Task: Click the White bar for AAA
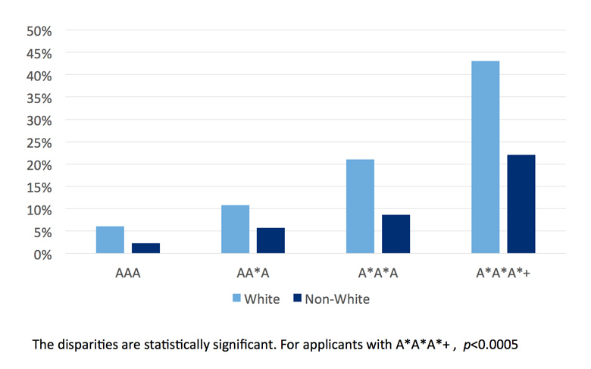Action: tap(110, 239)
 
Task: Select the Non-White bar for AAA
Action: tap(145, 248)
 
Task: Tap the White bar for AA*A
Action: tap(235, 229)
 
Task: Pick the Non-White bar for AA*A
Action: tap(270, 240)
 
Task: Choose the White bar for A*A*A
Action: tap(360, 206)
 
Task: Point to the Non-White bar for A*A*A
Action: tap(396, 233)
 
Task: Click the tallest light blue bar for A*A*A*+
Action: tap(485, 157)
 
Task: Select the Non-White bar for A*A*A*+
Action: tap(521, 204)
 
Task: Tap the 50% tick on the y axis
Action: tap(39, 31)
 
